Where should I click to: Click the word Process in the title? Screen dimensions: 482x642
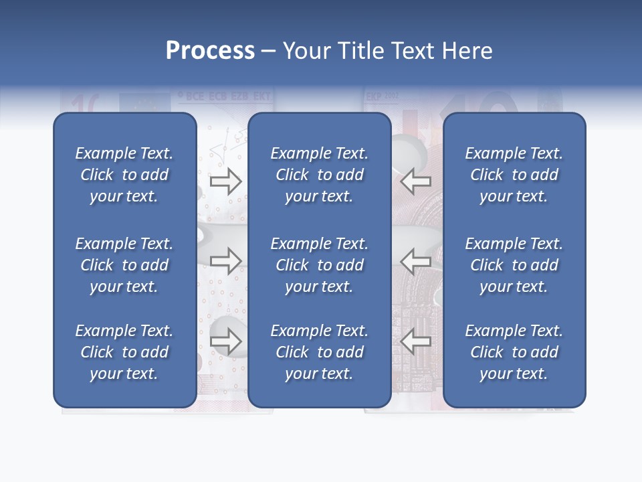tap(210, 51)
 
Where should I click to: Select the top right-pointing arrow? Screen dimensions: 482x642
tap(225, 181)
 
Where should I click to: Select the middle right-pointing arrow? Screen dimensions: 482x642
tap(225, 261)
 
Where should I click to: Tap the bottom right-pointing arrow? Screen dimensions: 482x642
tap(225, 341)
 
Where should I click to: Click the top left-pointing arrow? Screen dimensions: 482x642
tap(416, 181)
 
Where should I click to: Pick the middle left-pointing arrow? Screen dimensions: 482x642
tap(416, 261)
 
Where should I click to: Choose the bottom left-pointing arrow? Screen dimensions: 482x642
tap(416, 341)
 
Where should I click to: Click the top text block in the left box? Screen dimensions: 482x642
tap(124, 175)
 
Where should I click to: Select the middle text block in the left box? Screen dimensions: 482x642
tap(124, 265)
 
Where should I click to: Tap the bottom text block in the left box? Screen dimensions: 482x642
tap(124, 352)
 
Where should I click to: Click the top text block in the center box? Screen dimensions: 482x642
tap(320, 175)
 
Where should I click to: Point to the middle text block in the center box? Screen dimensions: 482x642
tap(320, 265)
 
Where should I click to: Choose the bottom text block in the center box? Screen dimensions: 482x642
tap(320, 352)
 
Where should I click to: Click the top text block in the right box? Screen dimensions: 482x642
tap(514, 175)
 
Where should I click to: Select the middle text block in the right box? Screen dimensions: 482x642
tap(514, 265)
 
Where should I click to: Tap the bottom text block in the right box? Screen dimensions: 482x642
tap(514, 352)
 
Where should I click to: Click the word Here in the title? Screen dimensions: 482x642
tap(467, 51)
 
